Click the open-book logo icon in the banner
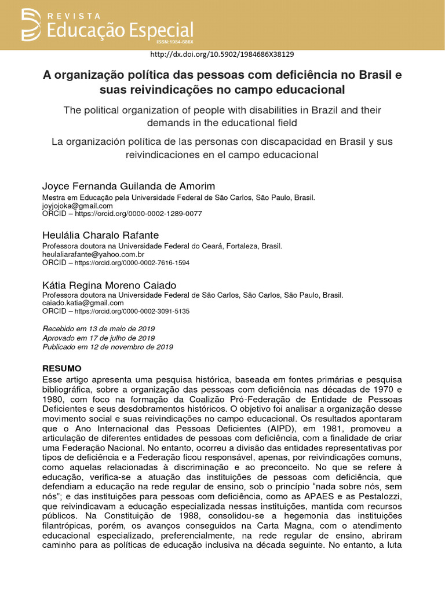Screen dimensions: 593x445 (32, 24)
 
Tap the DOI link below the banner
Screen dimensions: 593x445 (222, 54)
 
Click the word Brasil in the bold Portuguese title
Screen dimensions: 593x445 (369, 75)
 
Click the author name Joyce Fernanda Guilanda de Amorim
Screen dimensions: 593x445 (129, 186)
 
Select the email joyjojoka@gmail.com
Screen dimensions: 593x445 (78, 206)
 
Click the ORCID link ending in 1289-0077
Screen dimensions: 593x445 (138, 214)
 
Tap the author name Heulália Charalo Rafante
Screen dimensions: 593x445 (100, 235)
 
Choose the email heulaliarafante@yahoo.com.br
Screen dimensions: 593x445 (93, 254)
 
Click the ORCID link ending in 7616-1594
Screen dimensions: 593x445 (132, 263)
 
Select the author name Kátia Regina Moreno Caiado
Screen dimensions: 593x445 (110, 285)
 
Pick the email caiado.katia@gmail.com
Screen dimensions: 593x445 (83, 303)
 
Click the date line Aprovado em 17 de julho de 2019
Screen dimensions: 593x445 (99, 338)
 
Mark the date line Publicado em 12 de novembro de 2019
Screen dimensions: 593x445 (108, 347)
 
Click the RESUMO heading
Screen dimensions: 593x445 (62, 368)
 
